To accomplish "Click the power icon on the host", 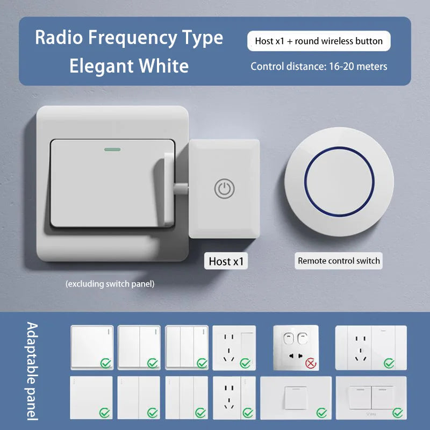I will (224, 189).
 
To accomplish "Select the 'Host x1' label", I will (226, 261).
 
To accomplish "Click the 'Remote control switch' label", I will (339, 261).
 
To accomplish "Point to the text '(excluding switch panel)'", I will (110, 284).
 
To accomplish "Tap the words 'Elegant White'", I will (129, 66).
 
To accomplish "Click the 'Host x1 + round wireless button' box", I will (319, 41).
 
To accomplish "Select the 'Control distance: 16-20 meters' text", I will (319, 67).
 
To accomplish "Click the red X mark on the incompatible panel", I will (310, 364).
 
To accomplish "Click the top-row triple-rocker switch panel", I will (186, 347).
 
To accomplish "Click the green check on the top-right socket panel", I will (389, 364).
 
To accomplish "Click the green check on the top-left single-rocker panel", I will (105, 364).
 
